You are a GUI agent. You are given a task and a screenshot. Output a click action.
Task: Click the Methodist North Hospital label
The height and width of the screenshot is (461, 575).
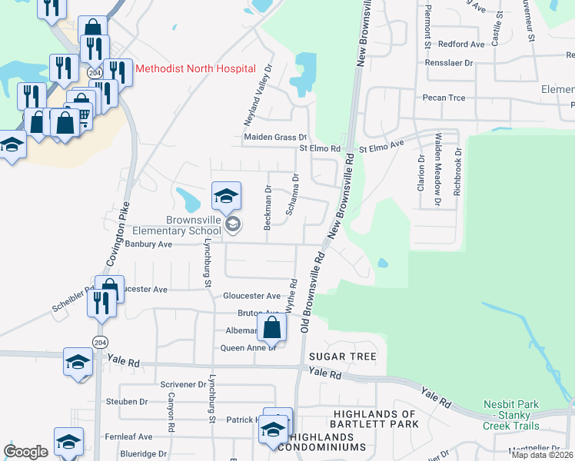click(x=195, y=68)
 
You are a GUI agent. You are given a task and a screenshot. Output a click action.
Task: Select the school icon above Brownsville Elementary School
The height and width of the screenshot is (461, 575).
click(x=226, y=197)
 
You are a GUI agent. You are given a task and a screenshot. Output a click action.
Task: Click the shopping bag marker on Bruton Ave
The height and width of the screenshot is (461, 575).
click(x=272, y=327)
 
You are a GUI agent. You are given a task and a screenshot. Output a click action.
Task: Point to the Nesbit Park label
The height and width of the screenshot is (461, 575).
click(x=512, y=404)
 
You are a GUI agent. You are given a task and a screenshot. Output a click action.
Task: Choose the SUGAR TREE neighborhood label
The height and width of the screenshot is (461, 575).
click(x=342, y=357)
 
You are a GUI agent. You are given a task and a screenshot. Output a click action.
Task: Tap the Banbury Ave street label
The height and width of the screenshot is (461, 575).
click(x=148, y=244)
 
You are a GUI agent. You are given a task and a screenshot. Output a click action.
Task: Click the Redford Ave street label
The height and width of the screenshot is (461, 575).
click(x=460, y=45)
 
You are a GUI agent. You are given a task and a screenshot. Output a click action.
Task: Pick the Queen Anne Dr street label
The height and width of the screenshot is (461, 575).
click(x=248, y=347)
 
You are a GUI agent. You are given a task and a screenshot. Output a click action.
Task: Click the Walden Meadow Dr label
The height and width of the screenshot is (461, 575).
click(x=437, y=170)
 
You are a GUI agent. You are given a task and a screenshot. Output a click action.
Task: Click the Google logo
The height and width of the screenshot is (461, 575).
click(x=25, y=452)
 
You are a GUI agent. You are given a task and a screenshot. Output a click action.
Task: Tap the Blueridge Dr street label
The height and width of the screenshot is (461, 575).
click(x=143, y=453)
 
